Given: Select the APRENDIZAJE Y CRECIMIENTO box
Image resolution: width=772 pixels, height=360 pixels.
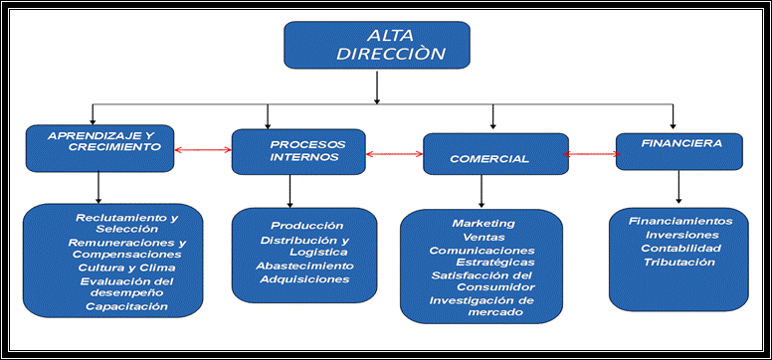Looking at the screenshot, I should [99, 146].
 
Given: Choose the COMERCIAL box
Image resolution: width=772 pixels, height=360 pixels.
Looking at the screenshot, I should [494, 157].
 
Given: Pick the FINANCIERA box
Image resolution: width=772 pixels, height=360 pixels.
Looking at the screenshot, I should [678, 150].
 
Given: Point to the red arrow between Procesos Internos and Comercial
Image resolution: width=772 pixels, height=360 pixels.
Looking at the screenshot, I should [394, 154].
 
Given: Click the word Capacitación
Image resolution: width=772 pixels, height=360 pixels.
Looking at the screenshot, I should [126, 307].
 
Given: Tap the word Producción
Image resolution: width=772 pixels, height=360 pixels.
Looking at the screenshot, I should [306, 226].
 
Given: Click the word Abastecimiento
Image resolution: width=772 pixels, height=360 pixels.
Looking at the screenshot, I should [304, 267].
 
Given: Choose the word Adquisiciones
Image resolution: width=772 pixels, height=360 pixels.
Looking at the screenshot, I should [304, 279].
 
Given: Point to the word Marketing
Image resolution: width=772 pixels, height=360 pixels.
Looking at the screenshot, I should [482, 223].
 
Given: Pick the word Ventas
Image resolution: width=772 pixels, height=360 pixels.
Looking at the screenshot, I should [483, 237].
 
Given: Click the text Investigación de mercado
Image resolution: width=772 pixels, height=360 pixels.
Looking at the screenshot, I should [482, 306].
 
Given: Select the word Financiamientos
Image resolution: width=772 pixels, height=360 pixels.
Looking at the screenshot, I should [680, 221].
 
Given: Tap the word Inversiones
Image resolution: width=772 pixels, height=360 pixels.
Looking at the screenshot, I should [676, 235].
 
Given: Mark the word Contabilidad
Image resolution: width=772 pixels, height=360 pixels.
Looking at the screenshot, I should [679, 248].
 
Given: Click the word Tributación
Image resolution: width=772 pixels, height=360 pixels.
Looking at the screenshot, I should [677, 262].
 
